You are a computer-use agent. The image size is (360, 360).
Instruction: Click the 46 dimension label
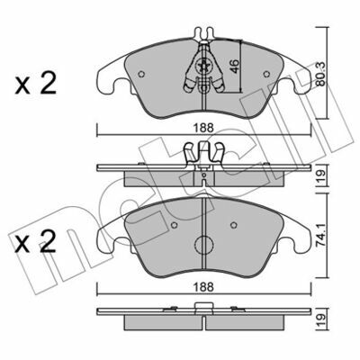click(236, 67)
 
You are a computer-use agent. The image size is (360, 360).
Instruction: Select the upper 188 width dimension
click(203, 128)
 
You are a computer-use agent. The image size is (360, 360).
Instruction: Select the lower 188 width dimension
click(203, 287)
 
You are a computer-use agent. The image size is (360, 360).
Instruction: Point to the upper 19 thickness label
click(320, 175)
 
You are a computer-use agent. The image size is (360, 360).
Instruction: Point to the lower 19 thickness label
click(320, 318)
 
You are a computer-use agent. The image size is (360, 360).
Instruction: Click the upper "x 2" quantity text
click(36, 84)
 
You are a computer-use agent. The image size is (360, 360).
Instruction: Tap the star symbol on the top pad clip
click(203, 66)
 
